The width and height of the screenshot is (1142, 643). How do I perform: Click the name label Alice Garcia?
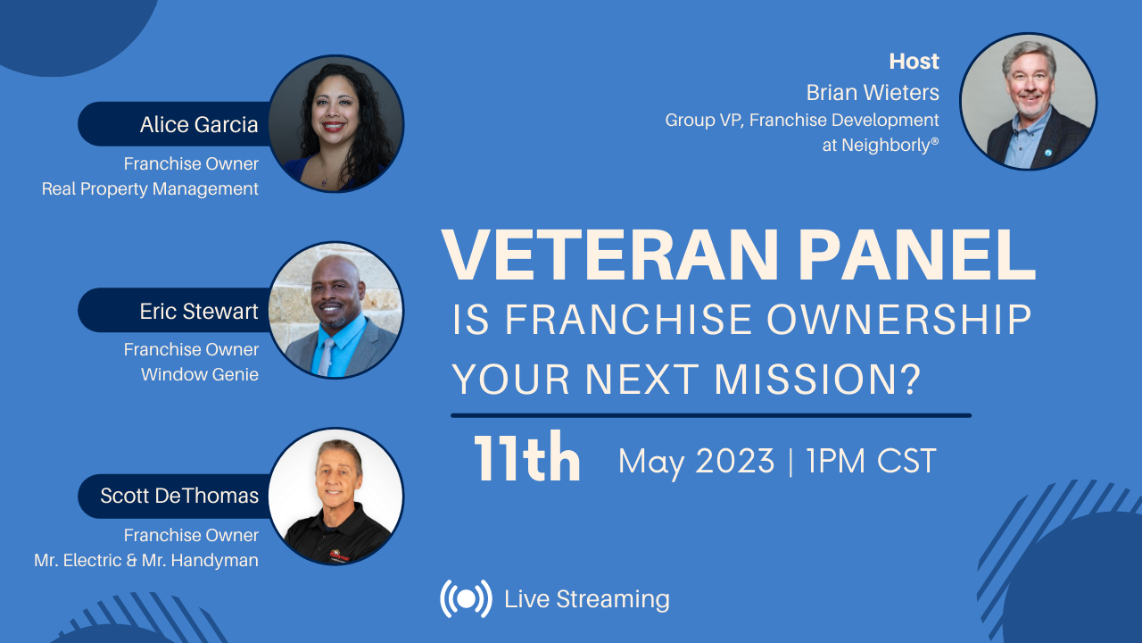point(198,125)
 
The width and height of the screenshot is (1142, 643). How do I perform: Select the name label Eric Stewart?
point(198,311)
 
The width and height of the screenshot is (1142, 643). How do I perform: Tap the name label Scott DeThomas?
point(178,497)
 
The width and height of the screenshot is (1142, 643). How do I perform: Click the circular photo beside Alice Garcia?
point(336,123)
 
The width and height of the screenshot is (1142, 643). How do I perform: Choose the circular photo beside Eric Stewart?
point(336,310)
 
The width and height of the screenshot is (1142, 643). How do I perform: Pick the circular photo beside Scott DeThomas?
point(336,496)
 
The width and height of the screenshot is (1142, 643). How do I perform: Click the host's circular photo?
point(1028,102)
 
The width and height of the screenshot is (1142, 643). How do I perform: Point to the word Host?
point(914,62)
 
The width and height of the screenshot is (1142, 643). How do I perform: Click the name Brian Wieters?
point(872,92)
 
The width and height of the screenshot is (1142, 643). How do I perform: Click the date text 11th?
point(526,460)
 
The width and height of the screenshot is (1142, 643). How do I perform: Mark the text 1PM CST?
point(871,462)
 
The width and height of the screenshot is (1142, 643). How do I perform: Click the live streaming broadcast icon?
point(466,598)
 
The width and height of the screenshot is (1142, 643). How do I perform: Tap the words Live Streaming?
point(586,598)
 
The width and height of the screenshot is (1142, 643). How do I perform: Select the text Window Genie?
point(199,374)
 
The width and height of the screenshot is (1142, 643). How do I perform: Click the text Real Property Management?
point(150,188)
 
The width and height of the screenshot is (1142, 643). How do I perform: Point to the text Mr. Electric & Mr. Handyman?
point(145,560)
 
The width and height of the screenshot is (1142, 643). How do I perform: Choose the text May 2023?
point(696,462)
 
